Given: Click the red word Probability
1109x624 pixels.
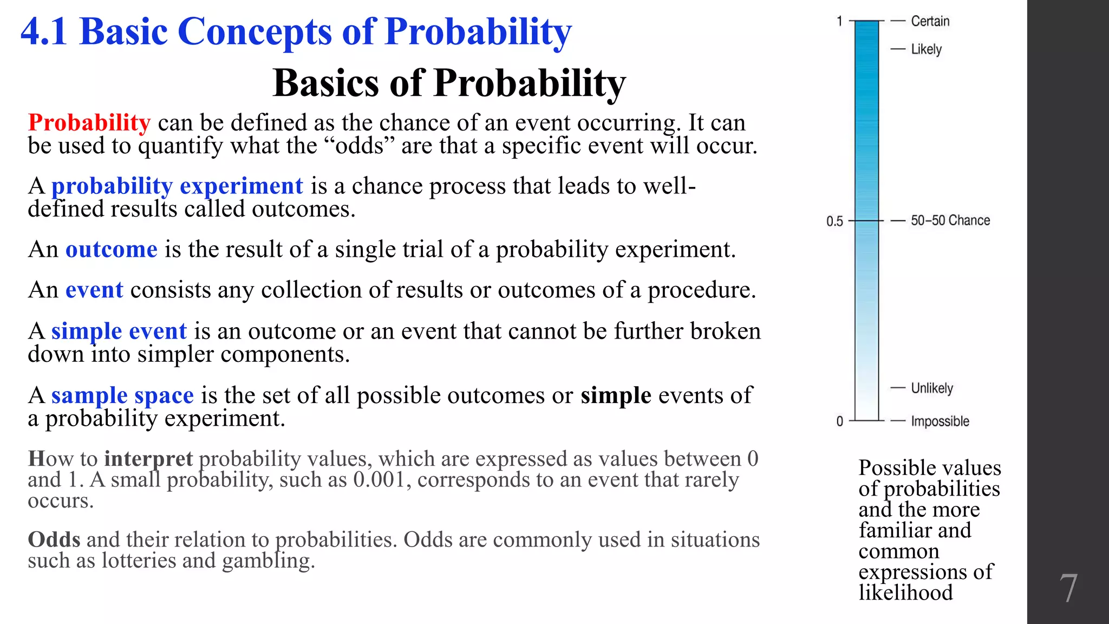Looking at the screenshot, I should coord(89,123).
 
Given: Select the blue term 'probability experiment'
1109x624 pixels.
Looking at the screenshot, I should coord(177,186).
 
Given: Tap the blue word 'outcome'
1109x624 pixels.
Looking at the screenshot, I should coord(111,250).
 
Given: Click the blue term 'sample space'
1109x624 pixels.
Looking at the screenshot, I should coord(122,395).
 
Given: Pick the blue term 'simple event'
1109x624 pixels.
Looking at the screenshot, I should coord(119,331).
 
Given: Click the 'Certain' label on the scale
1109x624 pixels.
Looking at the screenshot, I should coord(930,21).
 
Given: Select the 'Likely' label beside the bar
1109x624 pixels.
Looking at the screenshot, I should coord(926,49).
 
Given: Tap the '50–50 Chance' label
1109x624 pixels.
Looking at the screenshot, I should coord(950,220).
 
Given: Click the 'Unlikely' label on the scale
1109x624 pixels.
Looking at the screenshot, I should coord(931,388).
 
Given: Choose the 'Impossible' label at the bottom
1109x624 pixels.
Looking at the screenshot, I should coord(940,421).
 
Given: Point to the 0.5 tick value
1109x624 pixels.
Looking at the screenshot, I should coord(834,221).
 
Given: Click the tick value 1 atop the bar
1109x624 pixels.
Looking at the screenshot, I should coord(839,21).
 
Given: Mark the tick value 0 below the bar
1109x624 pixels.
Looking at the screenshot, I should coord(839,421).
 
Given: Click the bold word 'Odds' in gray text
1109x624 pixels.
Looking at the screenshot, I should coord(54,539).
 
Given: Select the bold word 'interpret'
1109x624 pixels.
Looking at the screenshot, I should coord(148,459).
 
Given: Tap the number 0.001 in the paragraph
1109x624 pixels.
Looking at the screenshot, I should coord(379,480).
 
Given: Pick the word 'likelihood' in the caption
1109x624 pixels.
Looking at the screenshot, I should coord(905,593).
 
